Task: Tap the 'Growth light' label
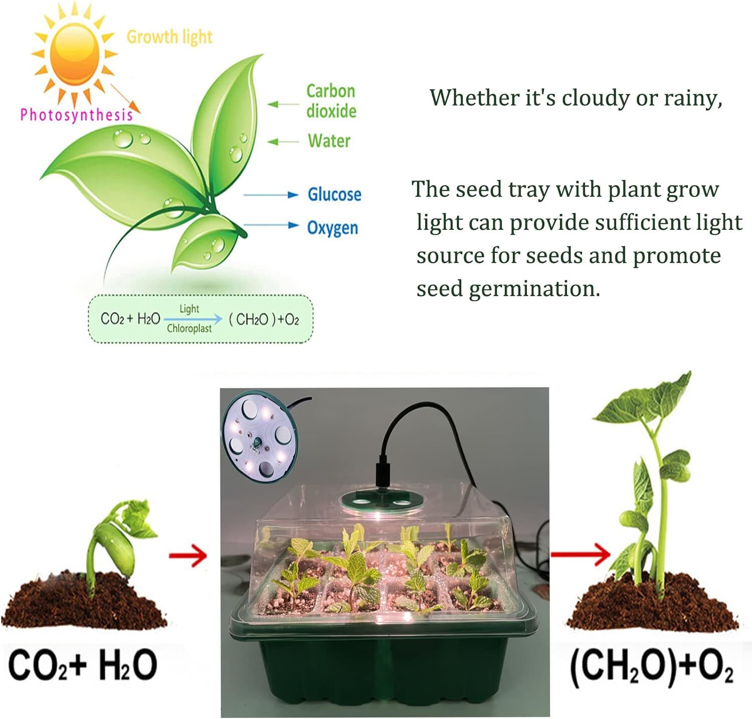[x=169, y=37]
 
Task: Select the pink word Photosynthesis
[x=76, y=115]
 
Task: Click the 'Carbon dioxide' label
[x=331, y=101]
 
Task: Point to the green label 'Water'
[x=329, y=141]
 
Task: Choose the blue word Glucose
[x=334, y=194]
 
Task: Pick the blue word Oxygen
[x=332, y=228]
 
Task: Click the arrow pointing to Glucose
[x=271, y=195]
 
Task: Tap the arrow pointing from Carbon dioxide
[x=283, y=104]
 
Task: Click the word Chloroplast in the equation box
[x=189, y=329]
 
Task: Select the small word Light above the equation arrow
[x=189, y=309]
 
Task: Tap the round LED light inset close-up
[x=259, y=437]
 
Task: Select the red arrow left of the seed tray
[x=188, y=555]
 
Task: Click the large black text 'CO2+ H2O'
[x=83, y=665]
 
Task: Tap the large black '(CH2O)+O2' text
[x=651, y=667]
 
